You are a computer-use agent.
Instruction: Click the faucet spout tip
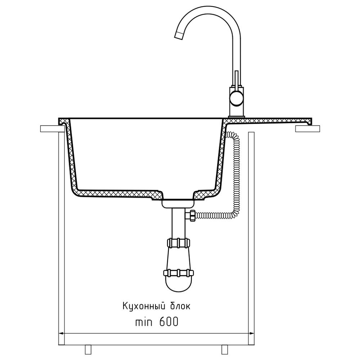click(x=179, y=36)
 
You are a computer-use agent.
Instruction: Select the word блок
click(x=180, y=306)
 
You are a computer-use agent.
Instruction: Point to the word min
click(x=144, y=322)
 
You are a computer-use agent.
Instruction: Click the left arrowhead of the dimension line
click(x=62, y=333)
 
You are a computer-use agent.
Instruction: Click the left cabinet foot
click(x=88, y=349)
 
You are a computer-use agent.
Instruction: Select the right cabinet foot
click(x=224, y=349)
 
